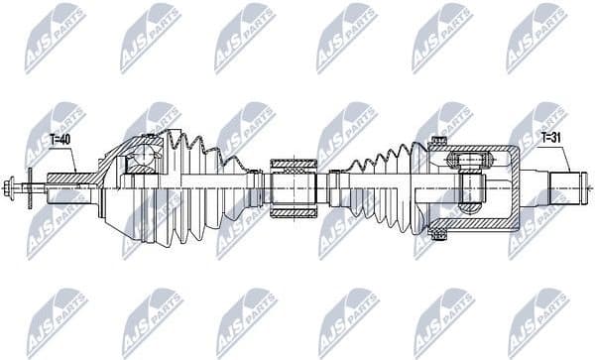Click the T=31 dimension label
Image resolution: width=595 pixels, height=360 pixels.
click(x=550, y=140)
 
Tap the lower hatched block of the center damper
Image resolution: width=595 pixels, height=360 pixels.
click(x=292, y=209)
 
